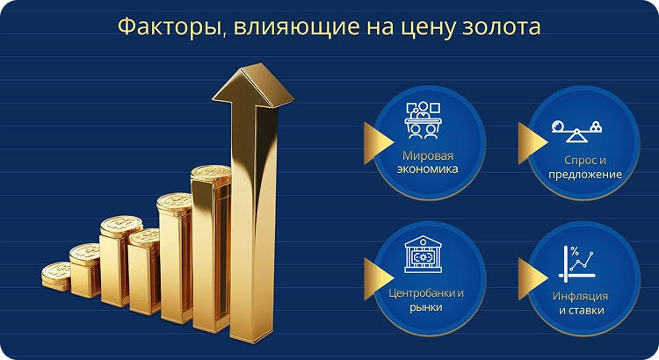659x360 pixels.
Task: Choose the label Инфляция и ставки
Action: click(580, 303)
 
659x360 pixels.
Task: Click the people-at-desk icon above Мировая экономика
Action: click(424, 122)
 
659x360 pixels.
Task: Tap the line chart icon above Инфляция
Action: click(579, 262)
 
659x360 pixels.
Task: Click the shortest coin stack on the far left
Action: click(55, 275)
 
